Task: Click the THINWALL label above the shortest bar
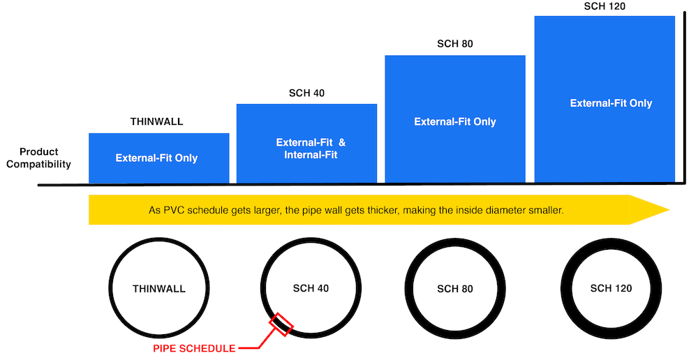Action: (x=156, y=121)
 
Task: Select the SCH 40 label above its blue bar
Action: (x=306, y=93)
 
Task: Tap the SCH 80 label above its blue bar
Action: (x=455, y=44)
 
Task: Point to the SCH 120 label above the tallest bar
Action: (x=604, y=6)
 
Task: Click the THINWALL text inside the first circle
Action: (x=158, y=288)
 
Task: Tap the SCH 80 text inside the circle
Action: (x=456, y=288)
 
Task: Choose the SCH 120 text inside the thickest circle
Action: (x=611, y=287)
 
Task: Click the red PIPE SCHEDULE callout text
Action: (x=194, y=348)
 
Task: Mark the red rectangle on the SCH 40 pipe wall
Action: (x=283, y=324)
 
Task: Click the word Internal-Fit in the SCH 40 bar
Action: (x=311, y=155)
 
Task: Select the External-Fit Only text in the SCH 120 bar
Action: (x=611, y=103)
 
